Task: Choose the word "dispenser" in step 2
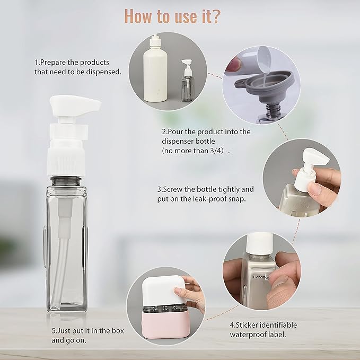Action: click(179, 141)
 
